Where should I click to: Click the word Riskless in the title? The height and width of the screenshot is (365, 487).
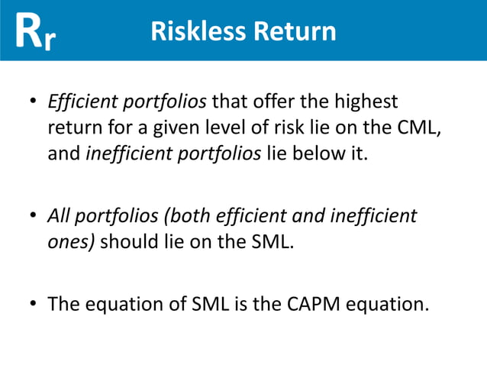click(194, 31)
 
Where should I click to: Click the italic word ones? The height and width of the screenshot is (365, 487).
click(69, 244)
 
